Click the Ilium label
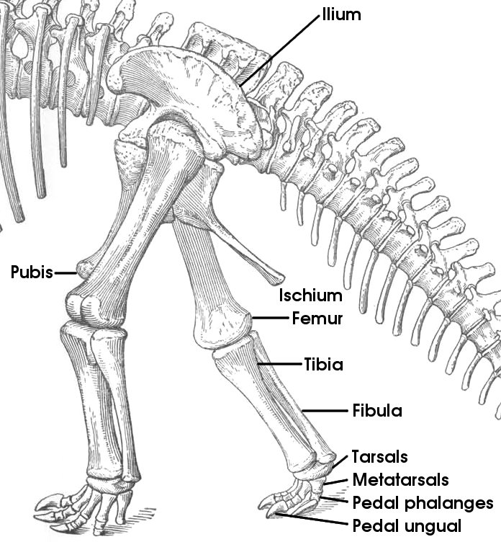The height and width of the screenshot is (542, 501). tap(341, 14)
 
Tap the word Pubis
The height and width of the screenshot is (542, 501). tap(32, 272)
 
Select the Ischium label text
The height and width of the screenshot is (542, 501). tap(311, 296)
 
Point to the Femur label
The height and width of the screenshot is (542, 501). tap(317, 319)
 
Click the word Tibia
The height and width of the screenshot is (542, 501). tap(323, 364)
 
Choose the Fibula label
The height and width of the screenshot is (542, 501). tap(377, 411)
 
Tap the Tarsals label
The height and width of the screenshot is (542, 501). tap(380, 457)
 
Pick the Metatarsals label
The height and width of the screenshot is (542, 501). tap(400, 480)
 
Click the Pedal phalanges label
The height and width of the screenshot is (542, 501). tap(423, 503)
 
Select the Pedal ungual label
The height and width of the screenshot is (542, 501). tap(407, 526)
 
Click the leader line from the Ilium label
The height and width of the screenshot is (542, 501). tap(279, 50)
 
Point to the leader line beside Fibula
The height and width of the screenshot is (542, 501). tap(325, 411)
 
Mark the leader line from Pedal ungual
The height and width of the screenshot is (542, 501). tap(312, 519)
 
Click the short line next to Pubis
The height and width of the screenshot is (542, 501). tap(66, 273)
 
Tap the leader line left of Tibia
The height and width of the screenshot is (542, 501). tap(279, 364)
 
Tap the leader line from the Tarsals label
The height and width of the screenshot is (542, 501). tap(340, 462)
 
